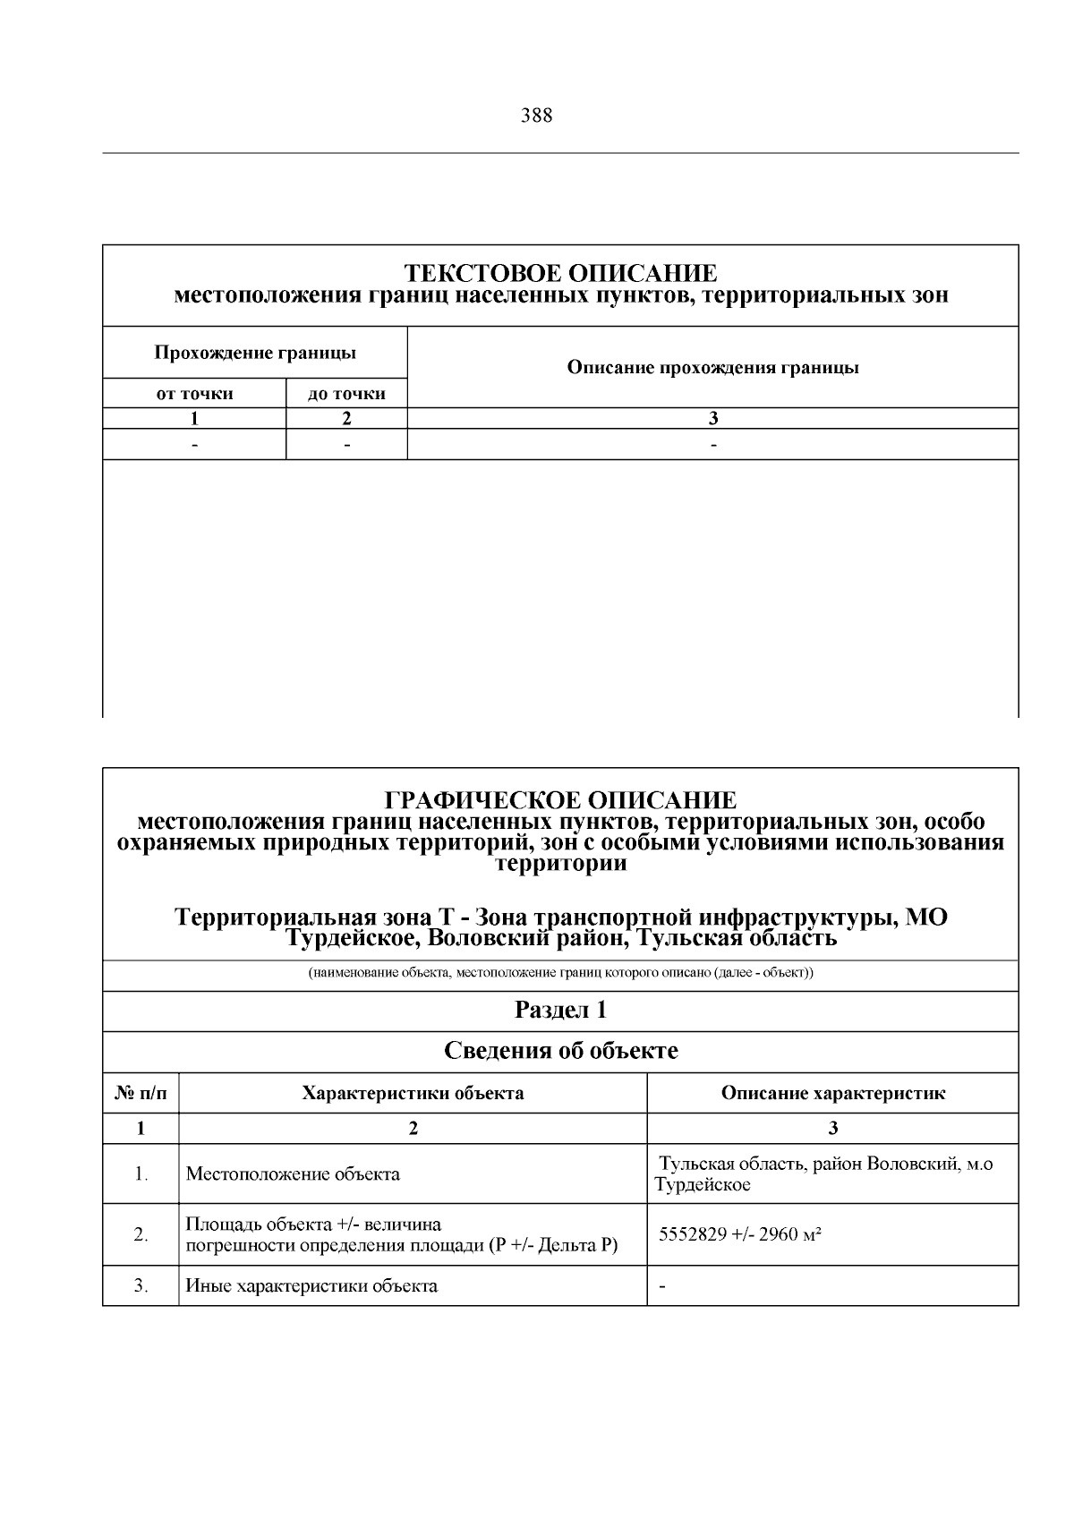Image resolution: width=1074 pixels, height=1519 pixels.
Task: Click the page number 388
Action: pyautogui.click(x=536, y=115)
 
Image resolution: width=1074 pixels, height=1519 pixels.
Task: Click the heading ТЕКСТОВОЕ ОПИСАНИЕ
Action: pyautogui.click(x=560, y=272)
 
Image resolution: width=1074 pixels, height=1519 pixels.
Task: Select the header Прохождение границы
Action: pyautogui.click(x=255, y=353)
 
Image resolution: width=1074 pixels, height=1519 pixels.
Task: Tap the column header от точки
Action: pyautogui.click(x=194, y=394)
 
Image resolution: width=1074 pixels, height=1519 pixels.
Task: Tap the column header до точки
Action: pyautogui.click(x=346, y=394)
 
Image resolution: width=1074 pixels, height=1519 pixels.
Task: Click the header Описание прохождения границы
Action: pyautogui.click(x=712, y=367)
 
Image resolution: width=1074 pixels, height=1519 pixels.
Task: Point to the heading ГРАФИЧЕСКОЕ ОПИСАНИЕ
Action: pyautogui.click(x=560, y=799)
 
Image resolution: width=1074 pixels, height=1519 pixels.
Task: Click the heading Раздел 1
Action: pyautogui.click(x=560, y=1011)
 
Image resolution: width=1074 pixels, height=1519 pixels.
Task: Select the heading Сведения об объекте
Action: pyautogui.click(x=560, y=1051)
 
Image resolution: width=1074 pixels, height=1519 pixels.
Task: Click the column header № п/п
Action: pyautogui.click(x=141, y=1093)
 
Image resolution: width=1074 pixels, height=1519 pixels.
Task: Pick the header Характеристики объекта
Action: pyautogui.click(x=413, y=1093)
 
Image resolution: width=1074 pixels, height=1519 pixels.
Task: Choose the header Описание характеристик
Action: pyautogui.click(x=832, y=1093)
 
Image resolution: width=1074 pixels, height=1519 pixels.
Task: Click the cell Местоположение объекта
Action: pyautogui.click(x=292, y=1173)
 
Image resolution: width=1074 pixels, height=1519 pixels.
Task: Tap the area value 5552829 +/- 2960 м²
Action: pyautogui.click(x=740, y=1234)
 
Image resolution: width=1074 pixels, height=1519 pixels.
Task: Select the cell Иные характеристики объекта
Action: pyautogui.click(x=311, y=1286)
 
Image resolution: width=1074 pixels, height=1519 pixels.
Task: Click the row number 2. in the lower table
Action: pyautogui.click(x=141, y=1234)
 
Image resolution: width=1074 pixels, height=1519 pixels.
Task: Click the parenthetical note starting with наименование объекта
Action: pyautogui.click(x=560, y=973)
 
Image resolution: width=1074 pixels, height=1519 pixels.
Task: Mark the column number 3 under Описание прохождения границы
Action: pyautogui.click(x=712, y=418)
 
